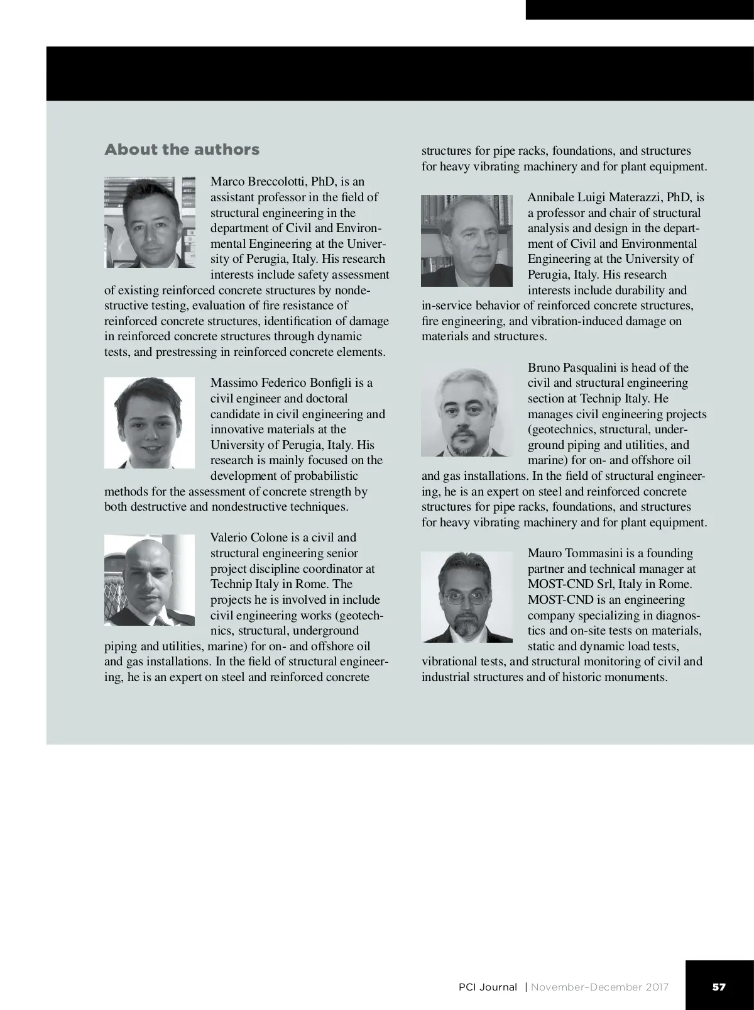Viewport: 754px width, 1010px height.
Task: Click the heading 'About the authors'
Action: [182, 150]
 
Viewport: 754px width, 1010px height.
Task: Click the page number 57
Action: [719, 987]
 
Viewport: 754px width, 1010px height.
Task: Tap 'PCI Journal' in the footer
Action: [488, 987]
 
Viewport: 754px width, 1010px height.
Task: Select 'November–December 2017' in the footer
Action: [599, 987]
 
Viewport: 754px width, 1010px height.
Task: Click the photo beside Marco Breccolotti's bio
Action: [150, 222]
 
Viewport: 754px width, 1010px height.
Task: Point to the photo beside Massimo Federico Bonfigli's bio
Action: [150, 423]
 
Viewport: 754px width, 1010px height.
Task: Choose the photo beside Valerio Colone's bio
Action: [150, 580]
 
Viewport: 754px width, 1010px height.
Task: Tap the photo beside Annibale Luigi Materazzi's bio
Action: [467, 240]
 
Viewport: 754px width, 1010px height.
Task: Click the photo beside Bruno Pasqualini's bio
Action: [467, 412]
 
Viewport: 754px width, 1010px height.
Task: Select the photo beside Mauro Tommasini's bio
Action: [467, 597]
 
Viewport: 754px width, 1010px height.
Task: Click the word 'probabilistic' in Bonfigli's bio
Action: [323, 476]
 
